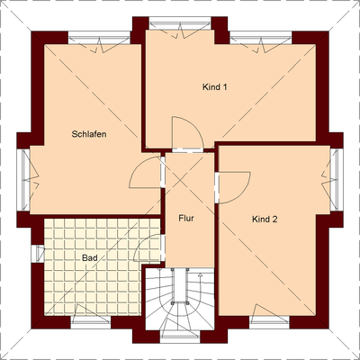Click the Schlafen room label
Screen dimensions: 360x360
[90, 134]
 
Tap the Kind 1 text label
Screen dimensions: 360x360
[213, 87]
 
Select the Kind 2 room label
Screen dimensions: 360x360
[265, 219]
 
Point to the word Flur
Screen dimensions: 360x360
[186, 219]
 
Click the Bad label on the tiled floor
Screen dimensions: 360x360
[89, 257]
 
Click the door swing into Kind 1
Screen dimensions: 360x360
[183, 132]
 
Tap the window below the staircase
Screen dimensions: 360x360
[178, 335]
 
